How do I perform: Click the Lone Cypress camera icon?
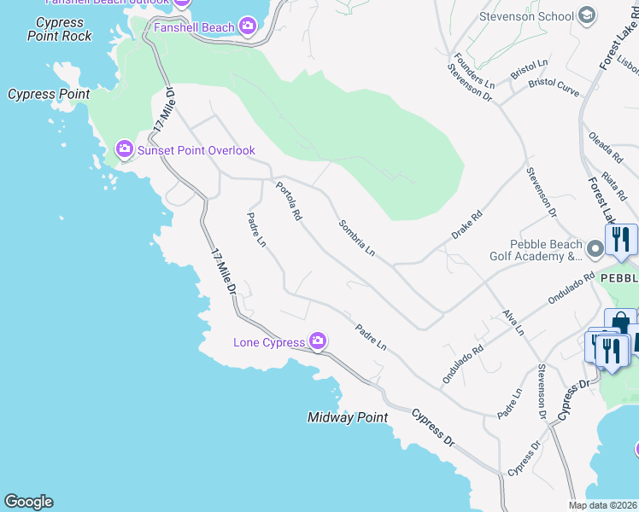click(x=318, y=342)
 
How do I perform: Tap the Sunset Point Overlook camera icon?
click(x=124, y=150)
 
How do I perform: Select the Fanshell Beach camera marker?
click(x=248, y=27)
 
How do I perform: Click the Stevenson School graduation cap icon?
click(x=587, y=15)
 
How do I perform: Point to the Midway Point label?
click(x=348, y=417)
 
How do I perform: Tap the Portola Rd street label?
click(x=288, y=201)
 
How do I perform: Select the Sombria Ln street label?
click(x=356, y=238)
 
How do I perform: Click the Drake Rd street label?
click(x=467, y=225)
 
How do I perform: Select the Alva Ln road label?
click(x=513, y=323)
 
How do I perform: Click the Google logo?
click(x=28, y=502)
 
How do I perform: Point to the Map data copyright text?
click(x=603, y=505)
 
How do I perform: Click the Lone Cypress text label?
click(x=269, y=343)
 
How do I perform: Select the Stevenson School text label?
click(x=525, y=15)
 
